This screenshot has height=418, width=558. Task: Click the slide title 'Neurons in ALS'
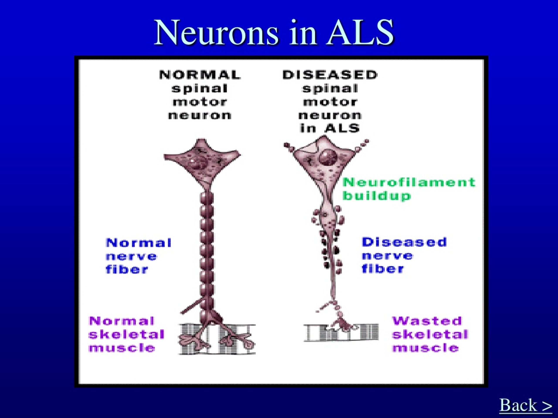coord(274,33)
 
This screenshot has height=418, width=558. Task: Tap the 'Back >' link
coord(526,405)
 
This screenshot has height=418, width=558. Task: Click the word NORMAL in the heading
coord(200,75)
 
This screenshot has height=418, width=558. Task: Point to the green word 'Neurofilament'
coord(409,182)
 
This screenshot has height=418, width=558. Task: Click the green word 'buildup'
coord(377,196)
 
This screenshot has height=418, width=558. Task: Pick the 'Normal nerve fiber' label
coord(138,256)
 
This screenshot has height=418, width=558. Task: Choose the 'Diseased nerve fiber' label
coord(404,255)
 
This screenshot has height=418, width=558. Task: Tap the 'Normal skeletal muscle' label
coord(127,334)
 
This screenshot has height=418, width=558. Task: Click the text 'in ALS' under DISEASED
coord(330,128)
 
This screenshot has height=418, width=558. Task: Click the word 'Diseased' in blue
coord(404,242)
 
